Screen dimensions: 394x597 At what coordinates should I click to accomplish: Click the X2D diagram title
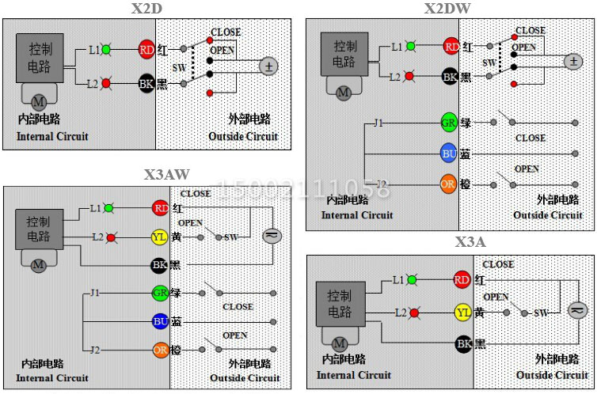pyautogui.click(x=146, y=9)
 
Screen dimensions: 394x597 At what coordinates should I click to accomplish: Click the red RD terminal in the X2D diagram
pyautogui.click(x=146, y=50)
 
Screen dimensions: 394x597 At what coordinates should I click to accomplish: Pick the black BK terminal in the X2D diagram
pyautogui.click(x=146, y=83)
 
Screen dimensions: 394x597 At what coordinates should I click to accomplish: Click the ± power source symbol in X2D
pyautogui.click(x=268, y=66)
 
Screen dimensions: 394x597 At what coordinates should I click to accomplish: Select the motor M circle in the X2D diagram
pyautogui.click(x=38, y=100)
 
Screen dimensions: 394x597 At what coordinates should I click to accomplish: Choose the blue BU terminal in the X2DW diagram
pyautogui.click(x=449, y=153)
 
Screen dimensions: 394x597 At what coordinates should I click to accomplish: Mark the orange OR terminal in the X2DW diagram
pyautogui.click(x=449, y=184)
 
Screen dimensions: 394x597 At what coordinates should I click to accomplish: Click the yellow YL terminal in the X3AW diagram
pyautogui.click(x=159, y=237)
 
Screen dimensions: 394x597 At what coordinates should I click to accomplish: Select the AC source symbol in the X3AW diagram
pyautogui.click(x=272, y=236)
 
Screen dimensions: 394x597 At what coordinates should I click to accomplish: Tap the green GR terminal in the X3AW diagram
pyautogui.click(x=159, y=293)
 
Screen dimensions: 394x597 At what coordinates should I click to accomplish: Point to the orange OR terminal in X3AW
pyautogui.click(x=159, y=349)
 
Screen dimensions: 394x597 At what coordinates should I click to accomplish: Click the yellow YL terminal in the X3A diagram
pyautogui.click(x=463, y=313)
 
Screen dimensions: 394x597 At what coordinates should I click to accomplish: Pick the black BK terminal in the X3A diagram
pyautogui.click(x=463, y=343)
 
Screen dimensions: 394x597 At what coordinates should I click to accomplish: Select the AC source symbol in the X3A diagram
pyautogui.click(x=576, y=310)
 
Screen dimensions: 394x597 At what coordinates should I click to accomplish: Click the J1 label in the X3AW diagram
pyautogui.click(x=94, y=293)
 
